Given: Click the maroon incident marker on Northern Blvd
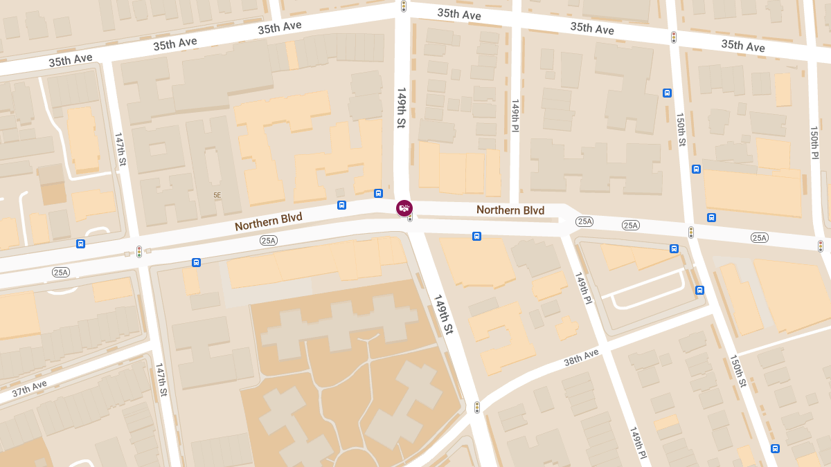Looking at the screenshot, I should (x=404, y=208).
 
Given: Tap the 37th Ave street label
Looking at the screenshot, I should (x=29, y=389).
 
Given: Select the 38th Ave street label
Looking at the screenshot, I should (x=580, y=358).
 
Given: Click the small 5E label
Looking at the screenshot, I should (x=217, y=195).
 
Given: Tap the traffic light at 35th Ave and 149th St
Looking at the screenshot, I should (x=403, y=6).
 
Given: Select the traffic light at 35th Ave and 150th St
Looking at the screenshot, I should (x=673, y=37).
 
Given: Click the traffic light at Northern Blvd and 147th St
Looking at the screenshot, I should (x=139, y=252).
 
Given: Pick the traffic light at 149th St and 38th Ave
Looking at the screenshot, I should (x=476, y=408).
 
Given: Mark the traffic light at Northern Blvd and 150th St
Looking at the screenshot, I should (x=690, y=232).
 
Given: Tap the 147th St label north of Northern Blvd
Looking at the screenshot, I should (x=120, y=149).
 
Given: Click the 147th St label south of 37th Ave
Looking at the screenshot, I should (x=161, y=379).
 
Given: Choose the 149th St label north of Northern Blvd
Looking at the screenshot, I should (x=401, y=107).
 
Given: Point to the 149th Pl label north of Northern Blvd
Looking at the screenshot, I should (x=515, y=116).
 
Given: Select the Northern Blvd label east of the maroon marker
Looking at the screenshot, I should (x=510, y=210).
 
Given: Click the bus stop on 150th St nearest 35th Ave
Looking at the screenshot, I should (x=667, y=93).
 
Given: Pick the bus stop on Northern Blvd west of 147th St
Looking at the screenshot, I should (x=81, y=244).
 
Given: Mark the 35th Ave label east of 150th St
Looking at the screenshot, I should (x=742, y=46).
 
